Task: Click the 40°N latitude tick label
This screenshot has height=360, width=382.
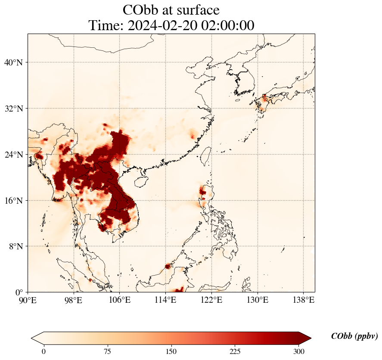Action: [x=14, y=62]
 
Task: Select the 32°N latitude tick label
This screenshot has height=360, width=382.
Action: [x=14, y=109]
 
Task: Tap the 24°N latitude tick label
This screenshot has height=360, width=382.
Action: [x=14, y=155]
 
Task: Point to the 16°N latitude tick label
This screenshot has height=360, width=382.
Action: [x=14, y=201]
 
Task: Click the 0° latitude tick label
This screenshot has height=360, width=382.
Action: [x=19, y=292]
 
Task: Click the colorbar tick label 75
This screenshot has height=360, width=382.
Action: [x=107, y=351]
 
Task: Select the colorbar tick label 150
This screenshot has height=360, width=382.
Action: [x=171, y=351]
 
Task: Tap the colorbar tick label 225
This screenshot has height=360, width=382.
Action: [x=235, y=351]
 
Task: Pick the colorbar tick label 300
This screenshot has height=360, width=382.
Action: [x=299, y=351]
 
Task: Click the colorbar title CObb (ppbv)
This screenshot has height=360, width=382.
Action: [x=354, y=336]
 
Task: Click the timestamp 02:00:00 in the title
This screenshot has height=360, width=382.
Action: [x=227, y=25]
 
